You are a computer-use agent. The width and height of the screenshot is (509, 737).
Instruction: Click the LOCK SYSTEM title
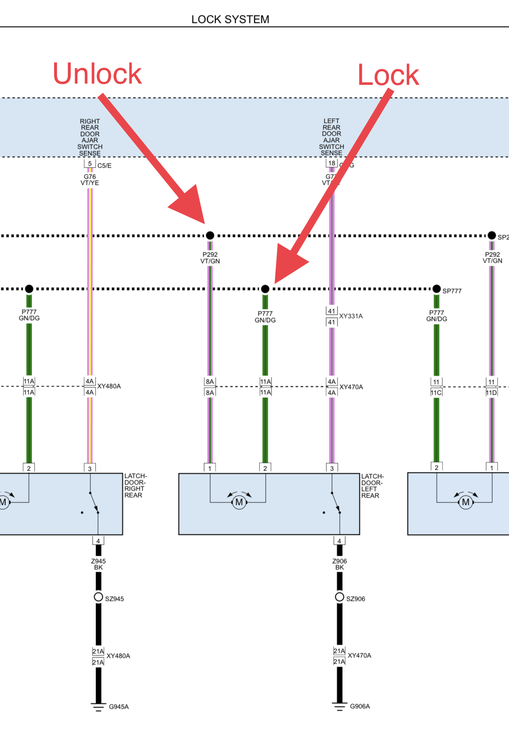pyautogui.click(x=230, y=19)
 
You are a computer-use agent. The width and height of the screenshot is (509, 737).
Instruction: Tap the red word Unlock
pyautogui.click(x=97, y=74)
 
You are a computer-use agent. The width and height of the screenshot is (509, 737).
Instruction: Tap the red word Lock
pyautogui.click(x=388, y=75)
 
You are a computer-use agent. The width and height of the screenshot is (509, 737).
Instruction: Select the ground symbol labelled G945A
pyautogui.click(x=98, y=707)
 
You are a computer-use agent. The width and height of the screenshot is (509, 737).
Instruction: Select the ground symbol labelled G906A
pyautogui.click(x=339, y=706)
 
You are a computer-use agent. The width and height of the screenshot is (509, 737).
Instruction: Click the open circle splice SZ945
pyautogui.click(x=98, y=597)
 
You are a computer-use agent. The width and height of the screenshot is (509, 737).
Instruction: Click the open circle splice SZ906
pyautogui.click(x=339, y=597)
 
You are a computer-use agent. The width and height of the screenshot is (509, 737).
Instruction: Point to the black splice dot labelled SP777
pyautogui.click(x=436, y=289)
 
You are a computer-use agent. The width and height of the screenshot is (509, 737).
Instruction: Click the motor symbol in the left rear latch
pyautogui.click(x=239, y=502)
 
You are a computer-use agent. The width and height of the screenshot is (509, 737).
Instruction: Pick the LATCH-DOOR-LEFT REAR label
pyautogui.click(x=372, y=486)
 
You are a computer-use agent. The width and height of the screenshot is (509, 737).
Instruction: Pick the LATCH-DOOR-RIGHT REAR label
pyautogui.click(x=135, y=485)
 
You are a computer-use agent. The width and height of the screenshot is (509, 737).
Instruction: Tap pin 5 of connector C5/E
pyautogui.click(x=90, y=164)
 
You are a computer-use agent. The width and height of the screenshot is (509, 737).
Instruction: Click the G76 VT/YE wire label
pyautogui.click(x=90, y=180)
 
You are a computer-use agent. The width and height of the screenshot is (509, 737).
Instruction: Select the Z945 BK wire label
pyautogui.click(x=98, y=564)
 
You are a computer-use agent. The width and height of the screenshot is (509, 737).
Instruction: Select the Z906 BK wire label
pyautogui.click(x=339, y=564)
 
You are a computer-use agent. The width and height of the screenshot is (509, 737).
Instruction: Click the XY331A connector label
pyautogui.click(x=351, y=316)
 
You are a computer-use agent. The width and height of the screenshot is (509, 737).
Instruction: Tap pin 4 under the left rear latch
pyautogui.click(x=339, y=541)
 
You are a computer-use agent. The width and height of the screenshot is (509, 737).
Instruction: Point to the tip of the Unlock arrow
pyautogui.click(x=204, y=223)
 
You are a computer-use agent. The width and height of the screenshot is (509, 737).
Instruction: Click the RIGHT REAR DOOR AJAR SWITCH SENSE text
pyautogui.click(x=90, y=137)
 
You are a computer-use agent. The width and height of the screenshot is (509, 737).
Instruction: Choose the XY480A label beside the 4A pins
pyautogui.click(x=109, y=386)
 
